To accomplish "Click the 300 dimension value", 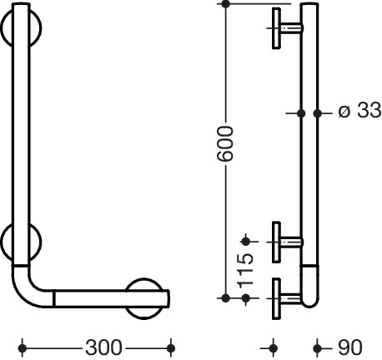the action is pyautogui.click(x=103, y=347).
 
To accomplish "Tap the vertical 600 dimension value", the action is pyautogui.click(x=224, y=143).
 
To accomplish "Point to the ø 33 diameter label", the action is pyautogui.click(x=359, y=110).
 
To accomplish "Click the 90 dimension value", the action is pyautogui.click(x=350, y=347).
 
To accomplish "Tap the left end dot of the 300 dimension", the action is pyautogui.click(x=23, y=347).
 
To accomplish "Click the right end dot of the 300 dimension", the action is pyautogui.click(x=171, y=347).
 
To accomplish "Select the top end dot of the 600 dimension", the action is pyautogui.click(x=226, y=4).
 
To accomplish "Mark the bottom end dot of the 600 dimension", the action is pyautogui.click(x=226, y=298).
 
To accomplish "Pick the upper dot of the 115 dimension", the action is pyautogui.click(x=246, y=242).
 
